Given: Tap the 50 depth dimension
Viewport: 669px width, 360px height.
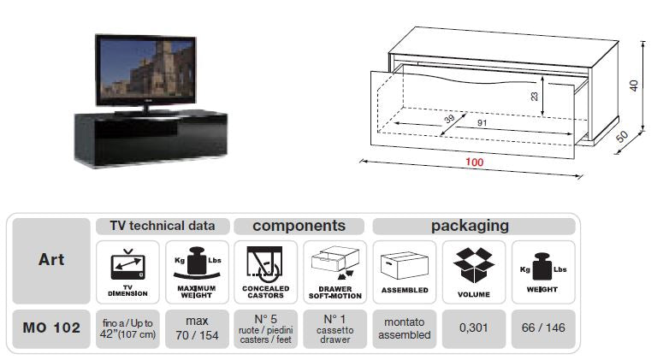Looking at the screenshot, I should pyautogui.click(x=636, y=138).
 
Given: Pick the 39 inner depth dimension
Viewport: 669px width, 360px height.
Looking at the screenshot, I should pyautogui.click(x=449, y=121).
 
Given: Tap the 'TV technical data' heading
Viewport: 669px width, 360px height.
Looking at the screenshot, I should pyautogui.click(x=162, y=227).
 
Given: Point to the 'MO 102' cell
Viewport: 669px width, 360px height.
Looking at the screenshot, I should pyautogui.click(x=50, y=327).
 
